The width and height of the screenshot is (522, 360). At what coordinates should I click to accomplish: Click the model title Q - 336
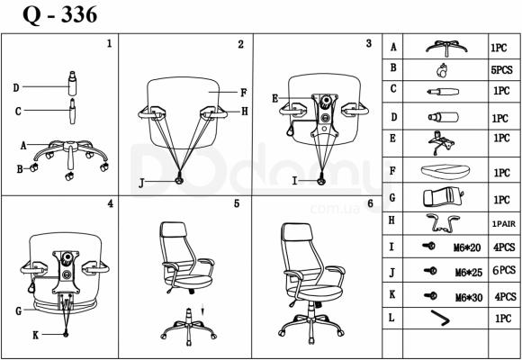pos(60,15)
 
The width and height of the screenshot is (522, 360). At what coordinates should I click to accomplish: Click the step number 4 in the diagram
pos(110,203)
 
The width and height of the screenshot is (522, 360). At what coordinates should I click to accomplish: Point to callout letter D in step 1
pos(16,88)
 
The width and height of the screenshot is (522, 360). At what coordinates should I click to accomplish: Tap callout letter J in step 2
pos(141,184)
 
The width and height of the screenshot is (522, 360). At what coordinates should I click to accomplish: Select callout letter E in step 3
pos(275,99)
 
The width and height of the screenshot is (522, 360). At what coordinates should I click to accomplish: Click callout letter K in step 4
pos(36,335)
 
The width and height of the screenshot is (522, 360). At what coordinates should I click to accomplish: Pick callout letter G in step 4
pos(19,311)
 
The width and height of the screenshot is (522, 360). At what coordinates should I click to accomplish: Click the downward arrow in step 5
pos(203,310)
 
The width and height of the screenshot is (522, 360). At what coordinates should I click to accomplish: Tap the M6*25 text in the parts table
pos(469,273)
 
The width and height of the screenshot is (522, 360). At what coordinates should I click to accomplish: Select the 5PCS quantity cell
pos(501,70)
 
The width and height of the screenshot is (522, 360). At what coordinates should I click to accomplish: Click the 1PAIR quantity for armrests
pos(504,224)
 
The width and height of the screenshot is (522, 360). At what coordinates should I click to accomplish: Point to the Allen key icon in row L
pos(440,318)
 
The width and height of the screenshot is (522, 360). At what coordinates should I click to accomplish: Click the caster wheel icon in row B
pos(442,70)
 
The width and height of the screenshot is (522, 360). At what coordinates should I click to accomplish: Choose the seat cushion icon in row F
pos(445,172)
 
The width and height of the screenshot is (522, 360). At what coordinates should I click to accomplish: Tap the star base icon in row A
pos(446,48)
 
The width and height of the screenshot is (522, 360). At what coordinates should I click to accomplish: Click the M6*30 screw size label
pos(469,297)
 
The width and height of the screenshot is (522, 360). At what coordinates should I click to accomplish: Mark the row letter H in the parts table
pos(391,220)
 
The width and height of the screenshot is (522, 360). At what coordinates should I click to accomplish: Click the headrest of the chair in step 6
pos(297,231)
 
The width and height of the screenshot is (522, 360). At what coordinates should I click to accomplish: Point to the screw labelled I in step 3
pos(321,181)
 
